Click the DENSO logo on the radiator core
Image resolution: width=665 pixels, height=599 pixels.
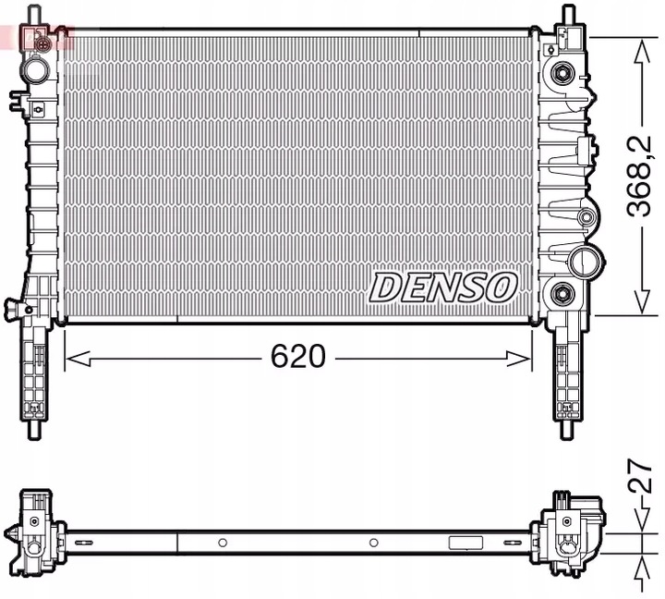click(443, 287)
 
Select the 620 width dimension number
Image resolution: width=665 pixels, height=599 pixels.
click(298, 357)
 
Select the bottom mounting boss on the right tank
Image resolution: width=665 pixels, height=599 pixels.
click(562, 296)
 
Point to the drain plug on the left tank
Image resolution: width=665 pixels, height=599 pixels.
click(13, 307)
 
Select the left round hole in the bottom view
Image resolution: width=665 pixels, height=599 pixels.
click(223, 543)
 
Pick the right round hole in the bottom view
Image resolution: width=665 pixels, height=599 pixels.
click(373, 543)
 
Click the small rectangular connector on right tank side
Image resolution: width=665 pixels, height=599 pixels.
click(584, 149)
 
